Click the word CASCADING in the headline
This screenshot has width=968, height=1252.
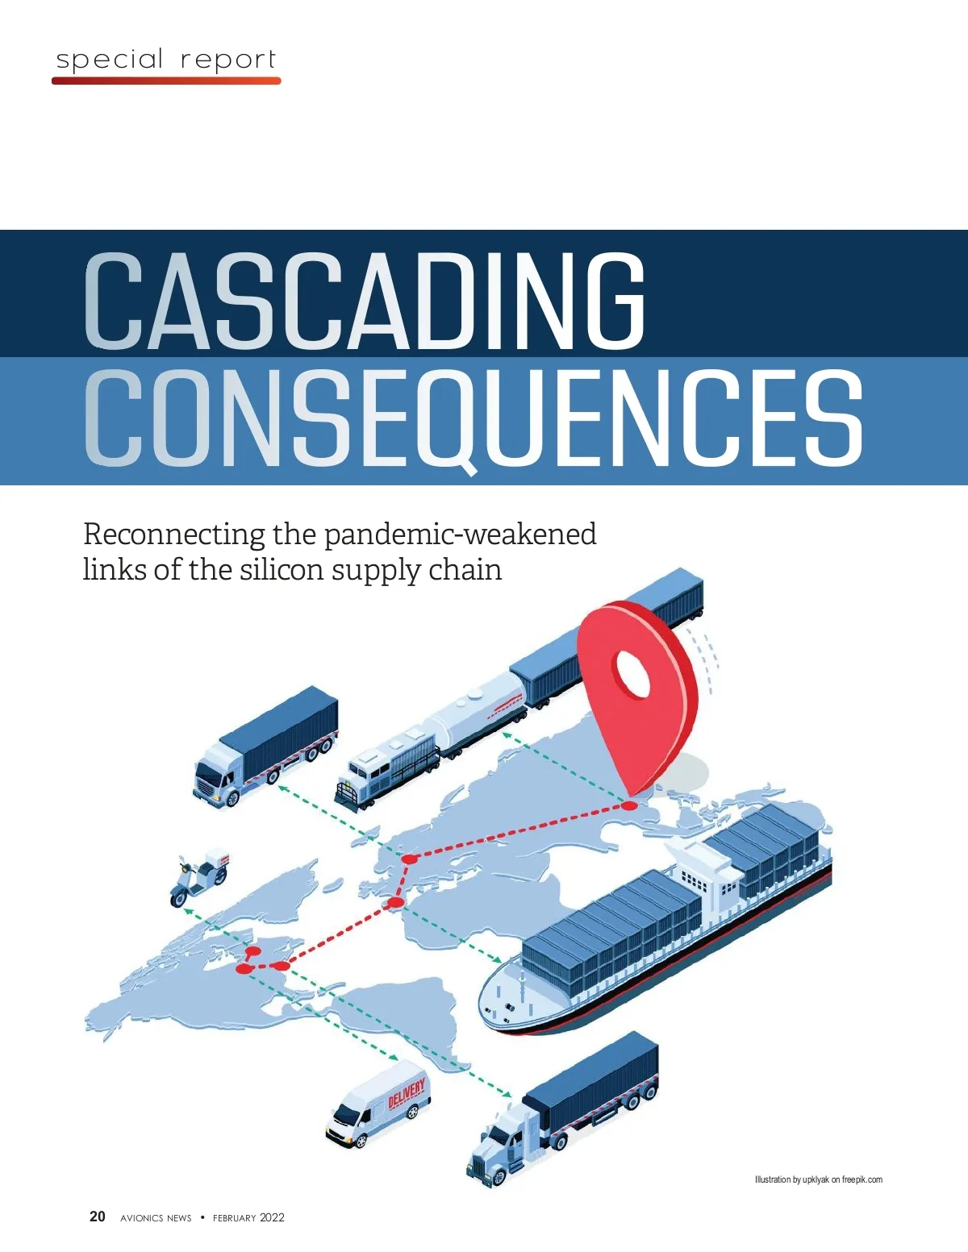point(365,300)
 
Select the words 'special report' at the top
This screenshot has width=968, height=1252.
point(166,60)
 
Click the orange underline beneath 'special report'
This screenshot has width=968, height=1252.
point(166,81)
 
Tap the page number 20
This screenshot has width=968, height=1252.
point(97,1217)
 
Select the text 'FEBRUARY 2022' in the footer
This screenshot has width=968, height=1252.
point(248,1217)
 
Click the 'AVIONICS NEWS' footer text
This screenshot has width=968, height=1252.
point(156,1217)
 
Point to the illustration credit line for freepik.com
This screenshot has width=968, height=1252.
point(818,1179)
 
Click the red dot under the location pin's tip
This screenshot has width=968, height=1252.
point(629,805)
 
